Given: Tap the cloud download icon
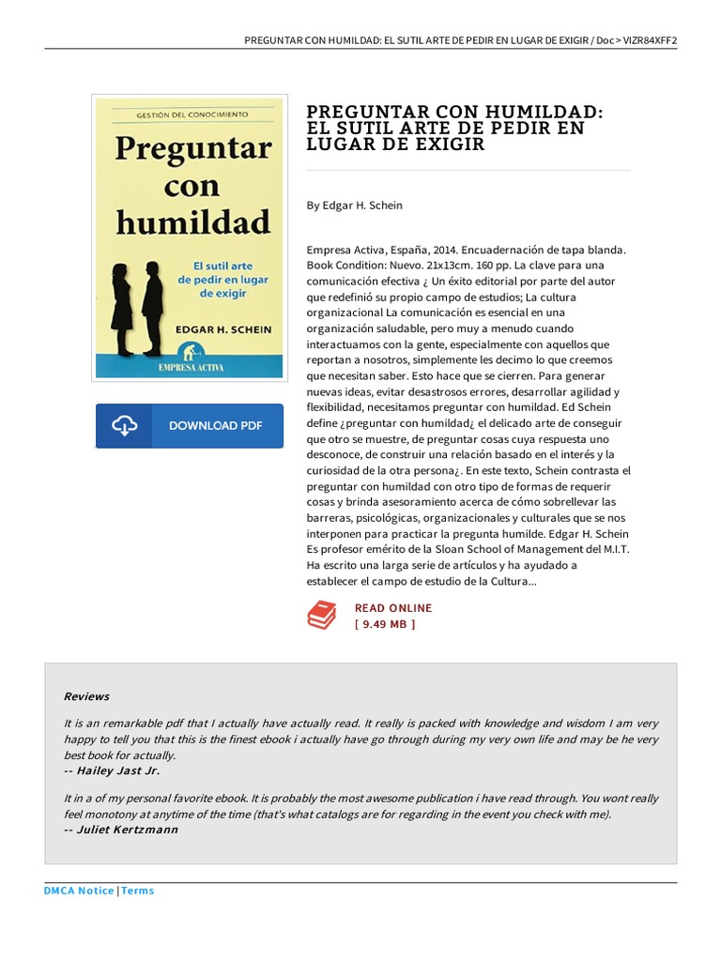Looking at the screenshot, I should [126, 426].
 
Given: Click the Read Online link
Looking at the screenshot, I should [392, 608].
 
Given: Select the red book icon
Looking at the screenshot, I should [322, 616].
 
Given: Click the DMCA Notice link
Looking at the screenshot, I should [79, 891].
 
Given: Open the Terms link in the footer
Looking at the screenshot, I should [138, 891].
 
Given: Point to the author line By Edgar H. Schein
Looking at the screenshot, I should [354, 205].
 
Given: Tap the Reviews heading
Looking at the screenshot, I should [86, 696].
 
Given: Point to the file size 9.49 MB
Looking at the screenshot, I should [385, 624].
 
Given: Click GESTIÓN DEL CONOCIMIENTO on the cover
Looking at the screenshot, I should [192, 114].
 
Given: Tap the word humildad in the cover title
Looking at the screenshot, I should [192, 223].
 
